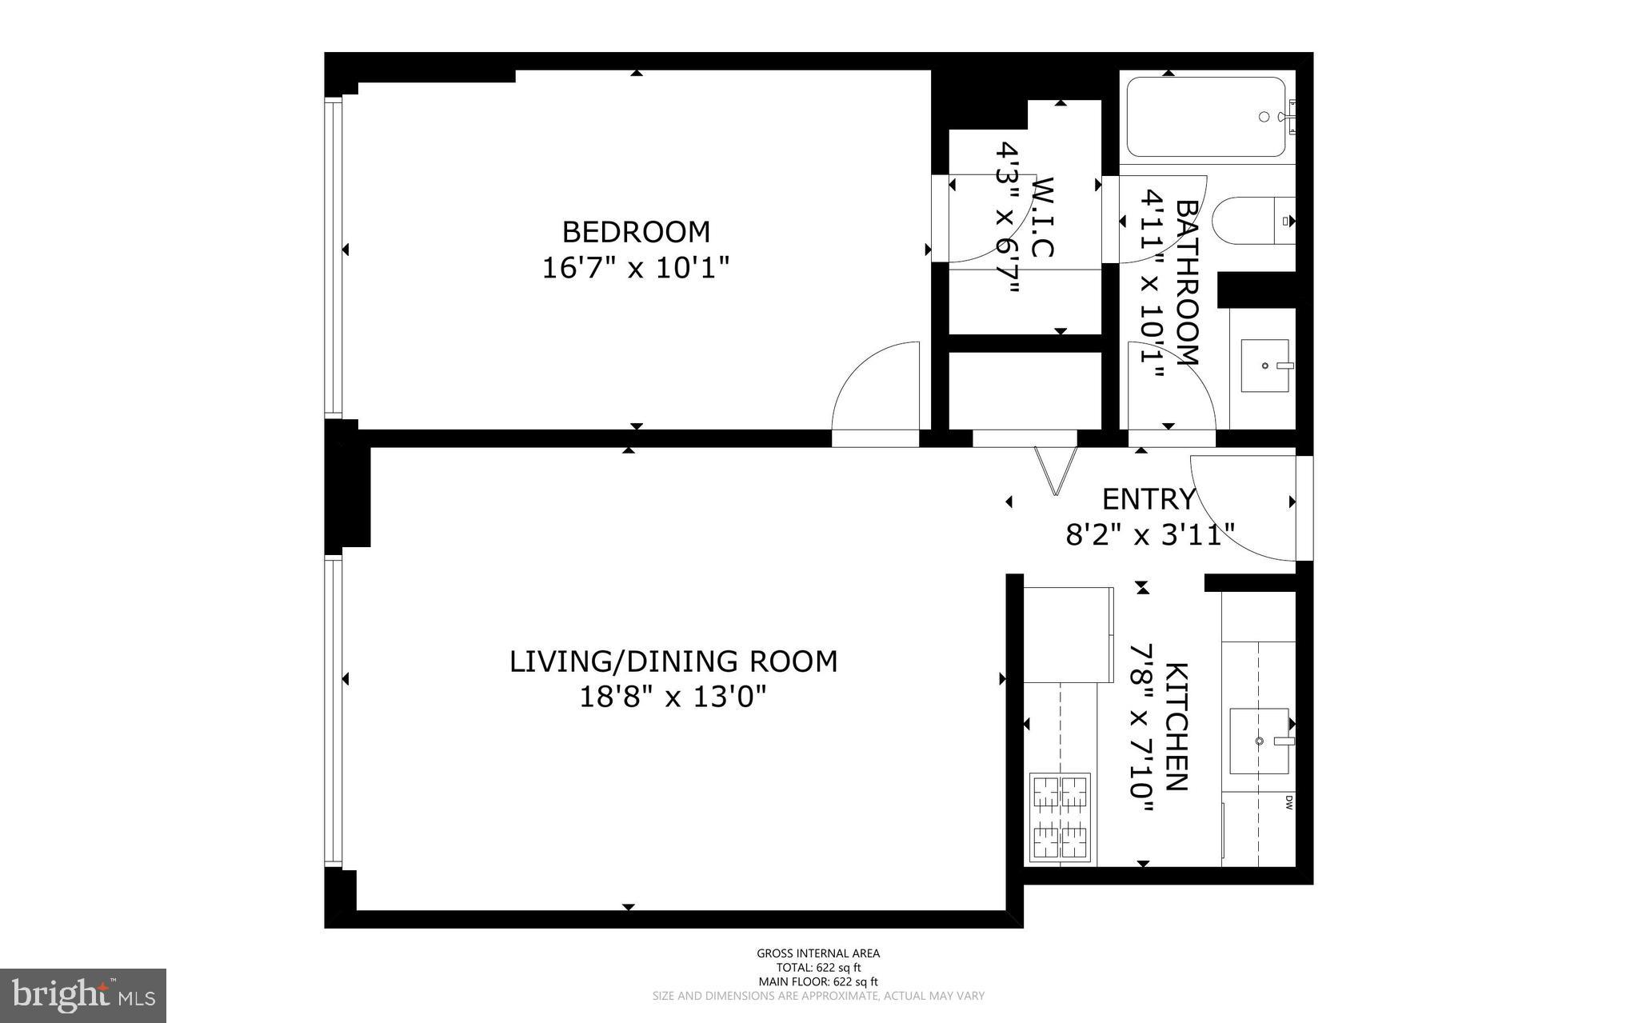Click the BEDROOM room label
(636, 232)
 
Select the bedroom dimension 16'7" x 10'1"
(636, 268)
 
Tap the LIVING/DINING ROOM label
(673, 661)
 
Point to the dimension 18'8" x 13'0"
(673, 697)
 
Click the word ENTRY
(1149, 499)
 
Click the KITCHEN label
(1176, 726)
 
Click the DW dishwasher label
(1288, 802)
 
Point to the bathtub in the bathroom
(1205, 118)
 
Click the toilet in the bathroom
(1252, 220)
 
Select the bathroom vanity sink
(1264, 366)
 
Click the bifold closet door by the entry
(1056, 471)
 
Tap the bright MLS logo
(83, 995)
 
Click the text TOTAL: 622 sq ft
(818, 967)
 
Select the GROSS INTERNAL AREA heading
(818, 953)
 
